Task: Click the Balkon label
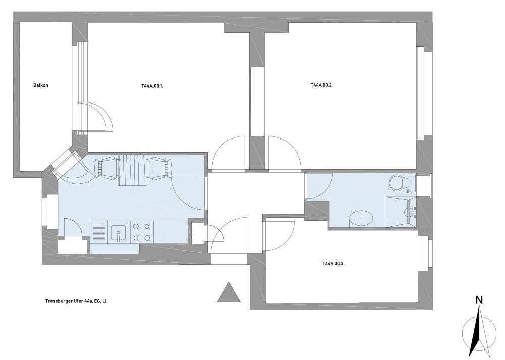[40, 85]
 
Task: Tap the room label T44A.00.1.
[152, 86]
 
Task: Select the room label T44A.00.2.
[321, 85]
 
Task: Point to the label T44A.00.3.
[334, 263]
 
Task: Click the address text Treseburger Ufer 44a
[69, 301]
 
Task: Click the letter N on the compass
[479, 300]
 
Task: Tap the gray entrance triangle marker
[229, 292]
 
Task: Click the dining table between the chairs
[133, 170]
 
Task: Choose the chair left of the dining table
[106, 168]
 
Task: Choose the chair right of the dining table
[160, 168]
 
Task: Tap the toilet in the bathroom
[398, 183]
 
